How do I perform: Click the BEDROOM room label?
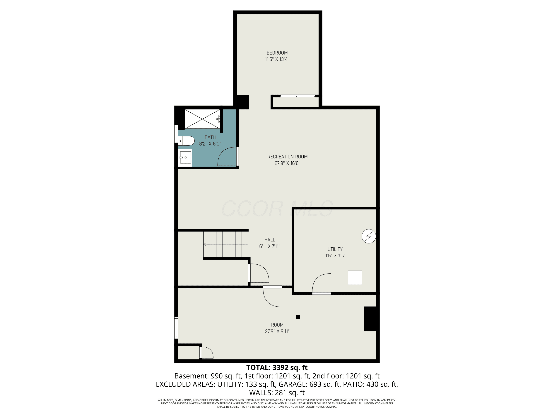pos(277,53)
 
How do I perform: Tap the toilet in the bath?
pos(186,141)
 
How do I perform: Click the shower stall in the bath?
pos(202,119)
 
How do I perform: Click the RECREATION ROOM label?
pos(288,157)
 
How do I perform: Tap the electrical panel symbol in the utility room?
pos(369,236)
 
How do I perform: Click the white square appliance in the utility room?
pos(355,278)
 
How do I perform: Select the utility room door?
pos(321,284)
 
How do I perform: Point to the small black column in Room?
pos(298,317)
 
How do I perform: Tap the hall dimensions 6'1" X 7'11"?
pos(269,246)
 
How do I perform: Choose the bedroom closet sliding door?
pos(297,96)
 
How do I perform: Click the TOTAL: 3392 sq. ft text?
pos(277,368)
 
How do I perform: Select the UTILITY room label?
pos(335,249)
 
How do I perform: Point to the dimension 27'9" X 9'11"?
pos(277,331)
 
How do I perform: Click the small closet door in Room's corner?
pos(206,352)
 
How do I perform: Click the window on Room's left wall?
pos(176,328)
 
